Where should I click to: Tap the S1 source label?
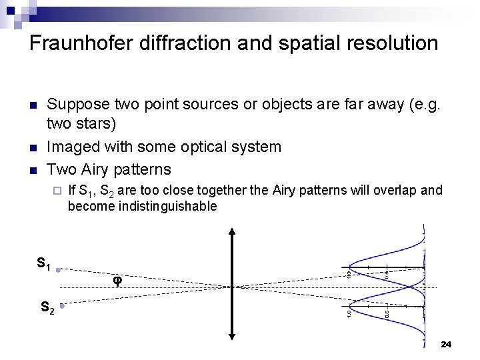click(44, 264)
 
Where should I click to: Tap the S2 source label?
click(47, 308)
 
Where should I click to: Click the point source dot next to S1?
click(59, 271)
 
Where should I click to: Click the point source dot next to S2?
click(61, 306)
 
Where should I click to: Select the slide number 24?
click(446, 345)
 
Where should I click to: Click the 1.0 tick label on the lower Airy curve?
click(349, 313)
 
